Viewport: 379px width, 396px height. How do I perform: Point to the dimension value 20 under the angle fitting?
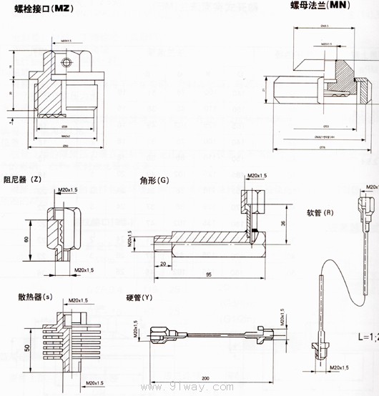164,264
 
